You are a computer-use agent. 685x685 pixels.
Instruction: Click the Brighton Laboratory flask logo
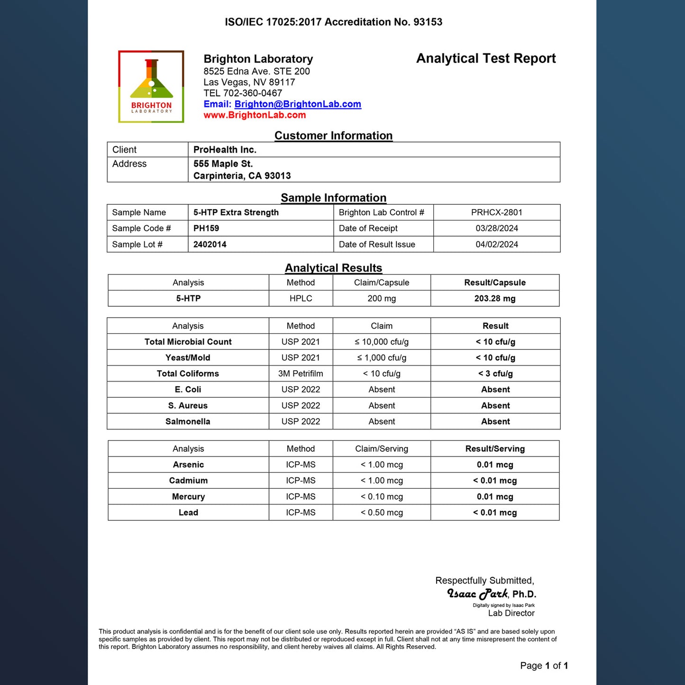[151, 86]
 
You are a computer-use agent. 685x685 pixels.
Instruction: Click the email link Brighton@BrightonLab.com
[298, 104]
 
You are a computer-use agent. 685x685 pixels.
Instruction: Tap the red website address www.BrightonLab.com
[255, 115]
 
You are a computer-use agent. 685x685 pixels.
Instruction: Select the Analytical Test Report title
[486, 58]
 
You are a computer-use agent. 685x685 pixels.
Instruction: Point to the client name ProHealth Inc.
[225, 150]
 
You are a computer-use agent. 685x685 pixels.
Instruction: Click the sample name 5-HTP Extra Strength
[236, 212]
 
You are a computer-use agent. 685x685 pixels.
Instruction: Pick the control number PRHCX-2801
[496, 212]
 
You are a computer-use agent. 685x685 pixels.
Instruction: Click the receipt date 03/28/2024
[496, 228]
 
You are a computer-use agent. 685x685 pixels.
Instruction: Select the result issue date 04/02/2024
[496, 245]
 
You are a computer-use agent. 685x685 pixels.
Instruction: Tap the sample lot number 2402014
[210, 245]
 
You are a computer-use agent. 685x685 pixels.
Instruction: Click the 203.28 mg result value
[494, 299]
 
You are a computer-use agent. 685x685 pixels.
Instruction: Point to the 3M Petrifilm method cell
[301, 374]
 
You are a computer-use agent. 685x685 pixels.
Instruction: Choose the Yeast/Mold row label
[188, 358]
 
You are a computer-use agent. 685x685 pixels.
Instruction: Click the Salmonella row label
[188, 421]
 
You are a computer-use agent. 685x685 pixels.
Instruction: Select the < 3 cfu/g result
[495, 374]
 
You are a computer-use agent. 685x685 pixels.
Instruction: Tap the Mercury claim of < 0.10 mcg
[382, 497]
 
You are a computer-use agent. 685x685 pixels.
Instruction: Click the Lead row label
[188, 512]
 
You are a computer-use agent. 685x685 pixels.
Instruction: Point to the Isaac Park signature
[477, 594]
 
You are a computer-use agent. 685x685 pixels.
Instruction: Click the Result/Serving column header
[495, 449]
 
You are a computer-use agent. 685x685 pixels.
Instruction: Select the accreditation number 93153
[428, 22]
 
